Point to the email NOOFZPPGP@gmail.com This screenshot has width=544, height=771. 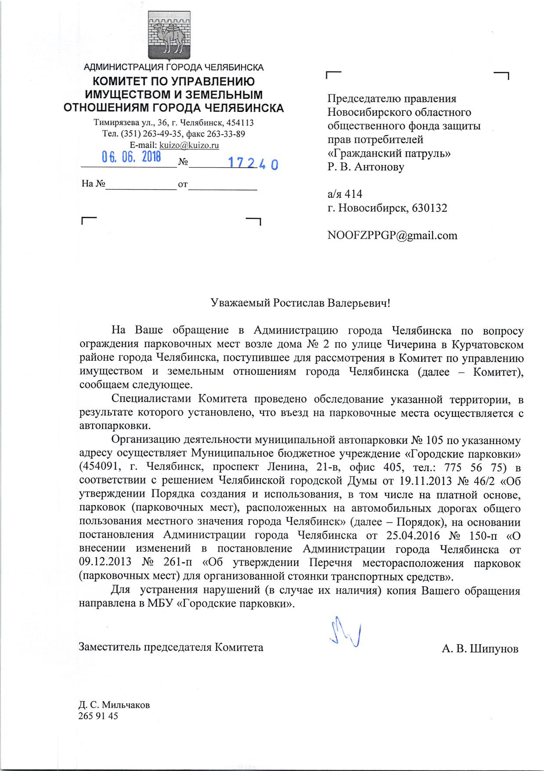392,236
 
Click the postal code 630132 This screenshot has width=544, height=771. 429,208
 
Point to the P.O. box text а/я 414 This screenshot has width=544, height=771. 345,194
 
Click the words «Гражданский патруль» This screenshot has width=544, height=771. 389,154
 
